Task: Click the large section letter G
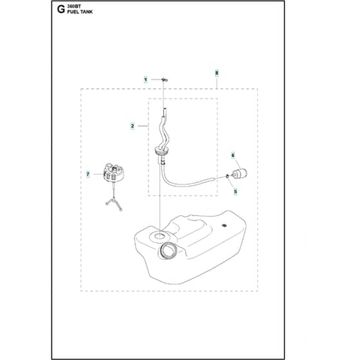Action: coord(61,10)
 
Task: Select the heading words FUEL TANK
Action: coord(80,12)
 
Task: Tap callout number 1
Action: coord(145,80)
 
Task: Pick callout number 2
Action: coord(132,126)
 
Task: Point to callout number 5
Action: coord(235,192)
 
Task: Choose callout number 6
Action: coord(233,156)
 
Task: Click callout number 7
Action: coord(87,174)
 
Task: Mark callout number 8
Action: coord(217,73)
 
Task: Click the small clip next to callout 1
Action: coord(165,80)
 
